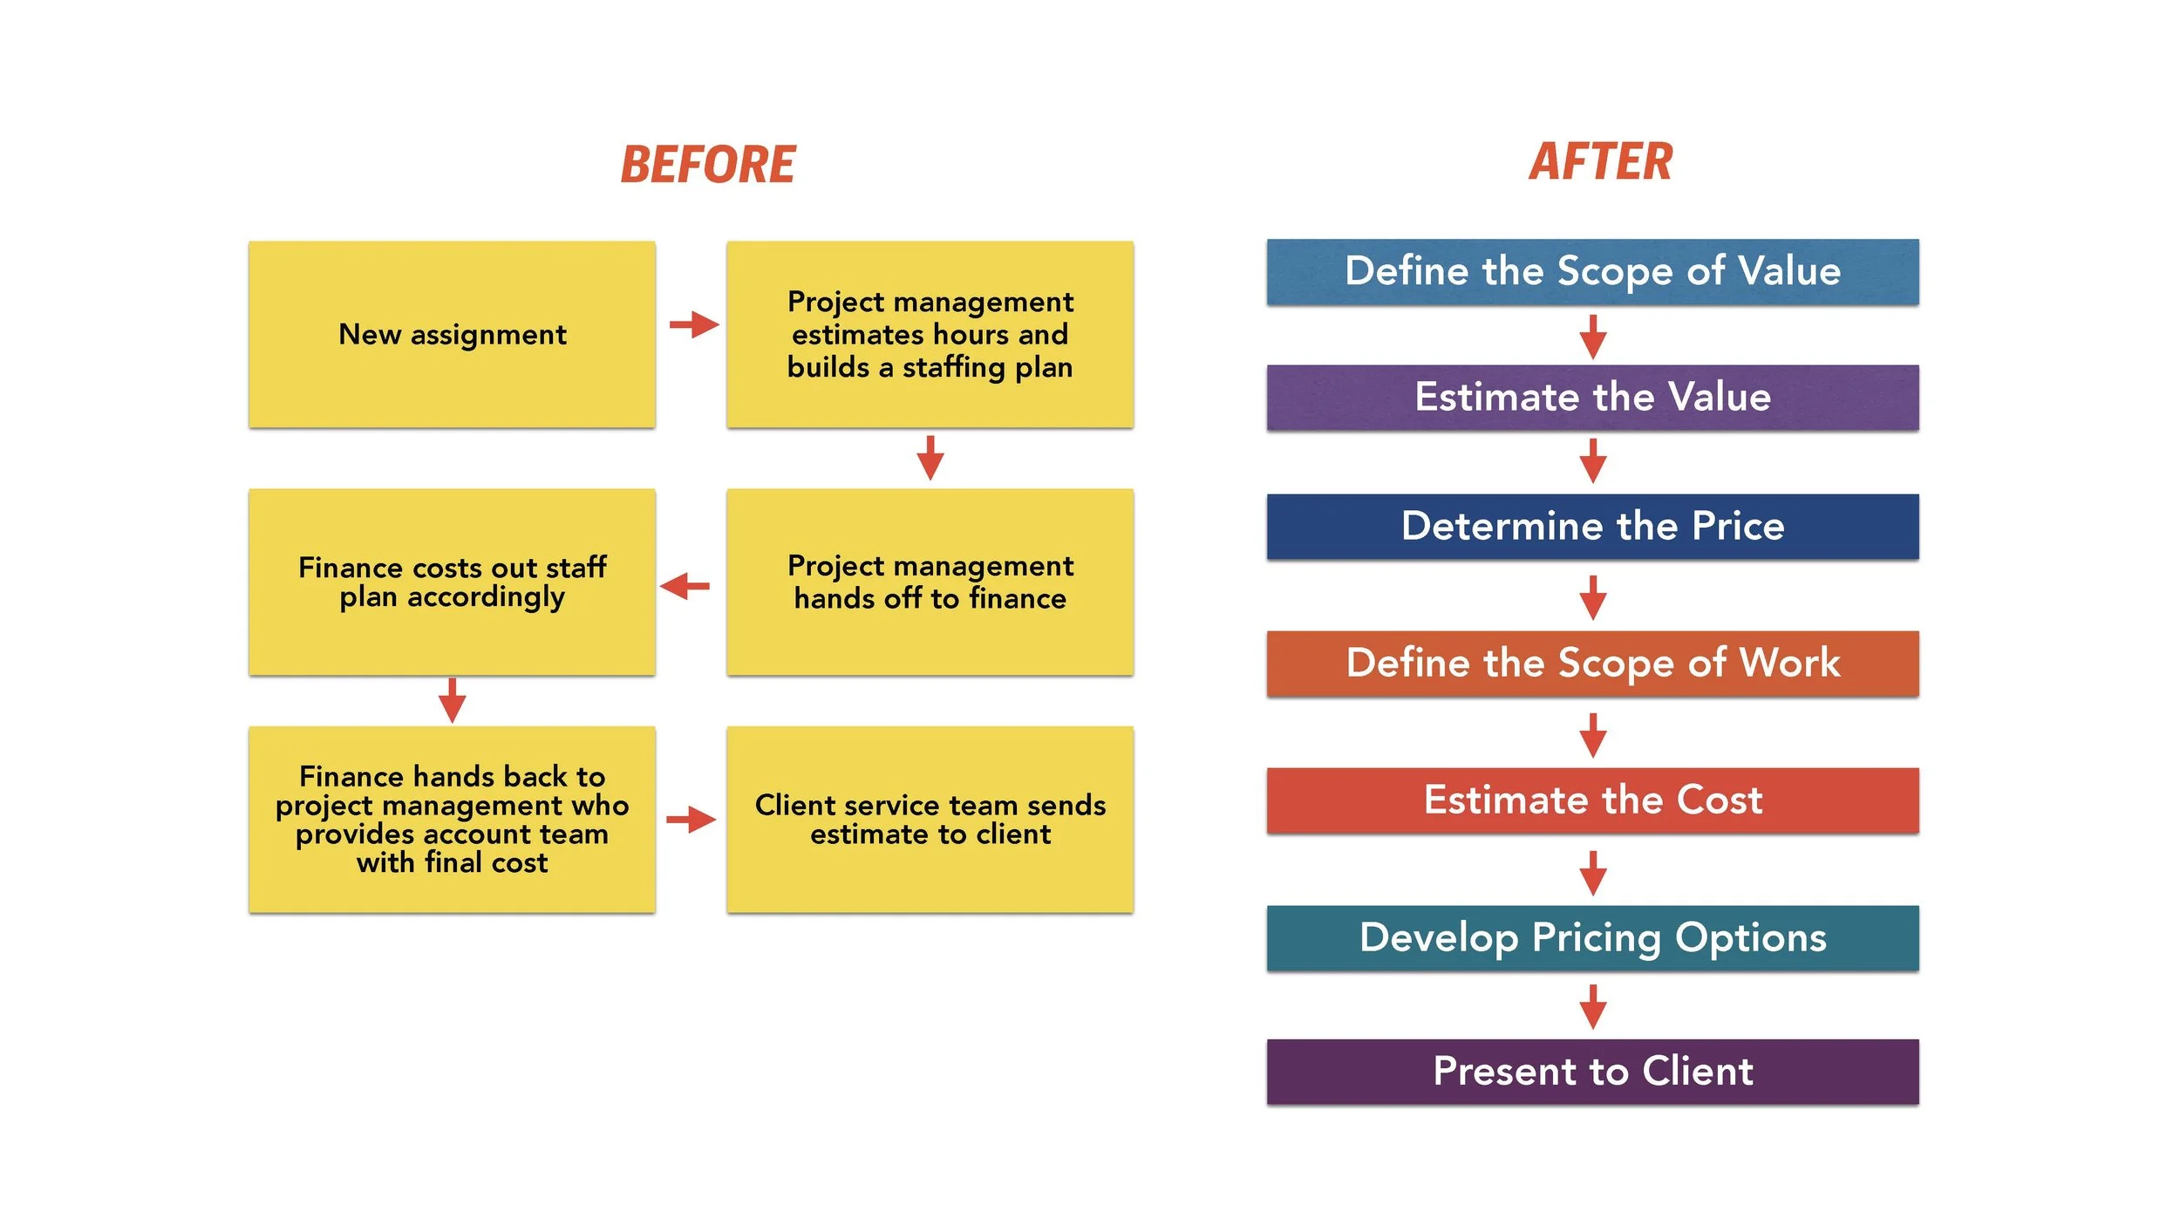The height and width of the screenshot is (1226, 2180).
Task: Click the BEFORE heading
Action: click(707, 165)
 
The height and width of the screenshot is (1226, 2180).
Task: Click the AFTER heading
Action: click(1600, 162)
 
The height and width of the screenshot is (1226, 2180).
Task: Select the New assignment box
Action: click(452, 334)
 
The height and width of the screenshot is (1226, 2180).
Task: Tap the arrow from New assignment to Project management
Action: click(694, 325)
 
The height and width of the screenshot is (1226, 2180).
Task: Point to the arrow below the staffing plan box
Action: click(930, 459)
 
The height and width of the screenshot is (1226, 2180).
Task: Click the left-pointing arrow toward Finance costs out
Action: click(685, 586)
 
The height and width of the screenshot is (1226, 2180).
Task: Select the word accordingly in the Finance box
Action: click(486, 598)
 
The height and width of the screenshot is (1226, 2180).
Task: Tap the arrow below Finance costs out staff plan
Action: click(452, 700)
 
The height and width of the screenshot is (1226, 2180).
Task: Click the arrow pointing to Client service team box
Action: click(691, 820)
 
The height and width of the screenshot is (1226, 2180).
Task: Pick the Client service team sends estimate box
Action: click(930, 820)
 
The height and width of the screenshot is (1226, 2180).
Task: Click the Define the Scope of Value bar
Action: click(1592, 271)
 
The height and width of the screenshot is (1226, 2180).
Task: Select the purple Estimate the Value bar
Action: click(1592, 397)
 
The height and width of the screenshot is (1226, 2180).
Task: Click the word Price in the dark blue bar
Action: click(1737, 526)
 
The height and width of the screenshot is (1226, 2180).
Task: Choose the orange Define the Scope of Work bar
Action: click(1592, 663)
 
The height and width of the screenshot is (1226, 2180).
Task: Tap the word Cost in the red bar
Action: click(1719, 800)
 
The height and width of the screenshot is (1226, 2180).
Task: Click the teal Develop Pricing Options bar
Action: click(1592, 937)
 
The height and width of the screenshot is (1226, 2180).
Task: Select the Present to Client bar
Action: click(1592, 1071)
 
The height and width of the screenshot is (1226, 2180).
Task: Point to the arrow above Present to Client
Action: click(1593, 1007)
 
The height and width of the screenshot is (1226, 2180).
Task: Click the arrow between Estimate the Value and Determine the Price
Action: click(1593, 461)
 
